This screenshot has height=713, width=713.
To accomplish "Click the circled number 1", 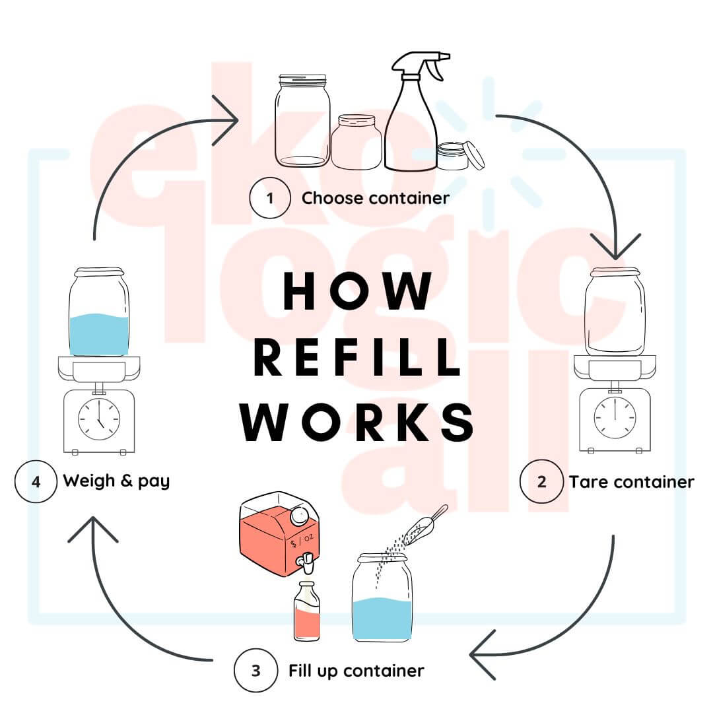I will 269,197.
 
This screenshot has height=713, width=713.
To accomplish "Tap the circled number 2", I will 541,481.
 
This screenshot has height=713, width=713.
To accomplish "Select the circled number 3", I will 255,670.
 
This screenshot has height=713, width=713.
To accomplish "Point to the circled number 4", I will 36,481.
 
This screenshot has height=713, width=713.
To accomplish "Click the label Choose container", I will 375,198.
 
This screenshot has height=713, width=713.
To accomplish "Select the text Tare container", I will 631,482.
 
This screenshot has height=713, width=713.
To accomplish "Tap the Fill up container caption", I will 356,671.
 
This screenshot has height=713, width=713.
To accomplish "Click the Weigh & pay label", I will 116,481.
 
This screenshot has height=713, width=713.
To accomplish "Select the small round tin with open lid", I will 458,156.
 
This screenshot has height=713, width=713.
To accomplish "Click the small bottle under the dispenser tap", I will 307,611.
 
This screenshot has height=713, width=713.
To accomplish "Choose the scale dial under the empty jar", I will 615,417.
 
